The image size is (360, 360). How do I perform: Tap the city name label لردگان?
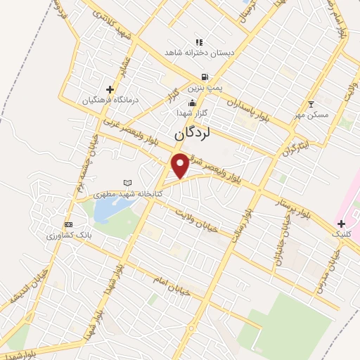[192, 133]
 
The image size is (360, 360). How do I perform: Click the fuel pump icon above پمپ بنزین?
[204, 77]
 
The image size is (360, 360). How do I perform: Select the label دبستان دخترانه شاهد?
[200, 53]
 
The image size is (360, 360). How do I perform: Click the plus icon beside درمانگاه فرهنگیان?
[109, 89]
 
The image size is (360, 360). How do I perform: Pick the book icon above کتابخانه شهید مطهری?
[127, 183]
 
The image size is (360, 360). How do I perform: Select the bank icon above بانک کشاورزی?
[68, 224]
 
